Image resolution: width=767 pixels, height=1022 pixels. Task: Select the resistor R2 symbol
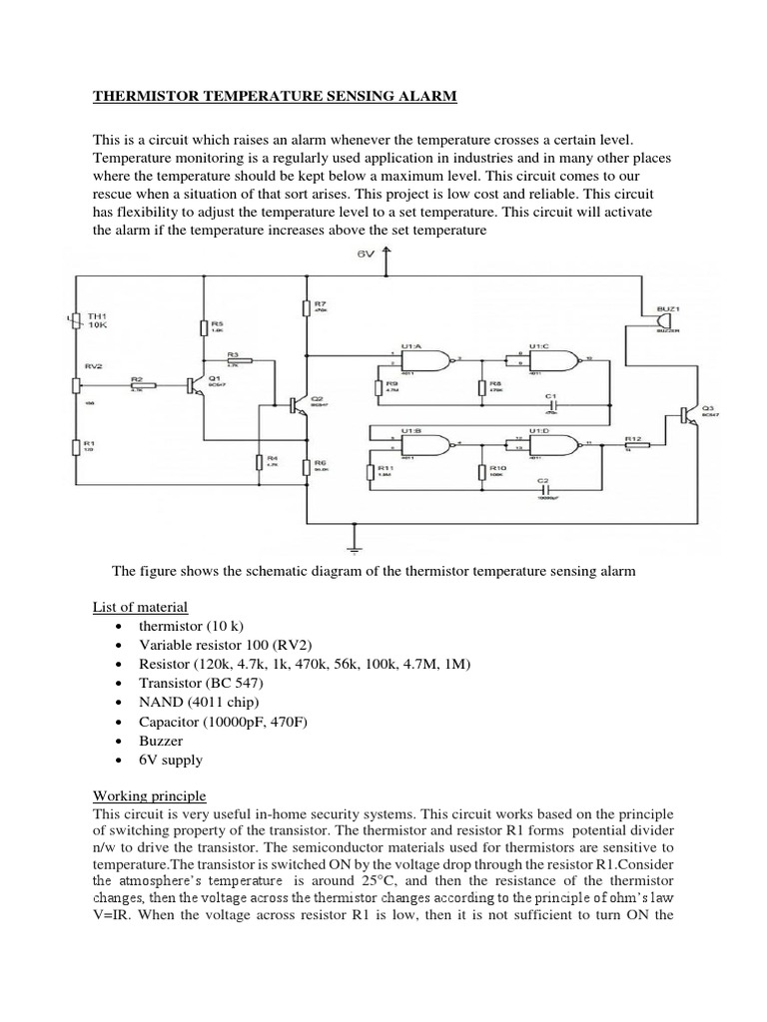(138, 384)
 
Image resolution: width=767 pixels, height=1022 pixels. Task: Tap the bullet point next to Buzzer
(119, 741)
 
